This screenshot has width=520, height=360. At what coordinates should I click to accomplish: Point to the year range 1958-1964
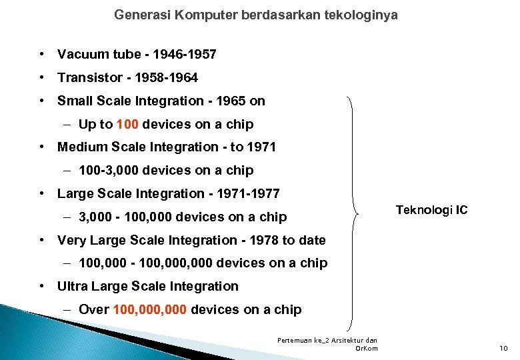tap(167, 78)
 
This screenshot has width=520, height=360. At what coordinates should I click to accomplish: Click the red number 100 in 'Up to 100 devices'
tap(127, 124)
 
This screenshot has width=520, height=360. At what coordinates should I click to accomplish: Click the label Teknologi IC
tap(431, 211)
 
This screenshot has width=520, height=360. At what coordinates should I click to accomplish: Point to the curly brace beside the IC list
tap(354, 213)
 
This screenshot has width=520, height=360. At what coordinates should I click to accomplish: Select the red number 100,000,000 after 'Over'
tap(152, 310)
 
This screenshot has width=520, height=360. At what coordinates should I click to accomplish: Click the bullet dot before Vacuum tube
tap(42, 54)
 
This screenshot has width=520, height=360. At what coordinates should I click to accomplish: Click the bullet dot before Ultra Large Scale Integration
tap(42, 287)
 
